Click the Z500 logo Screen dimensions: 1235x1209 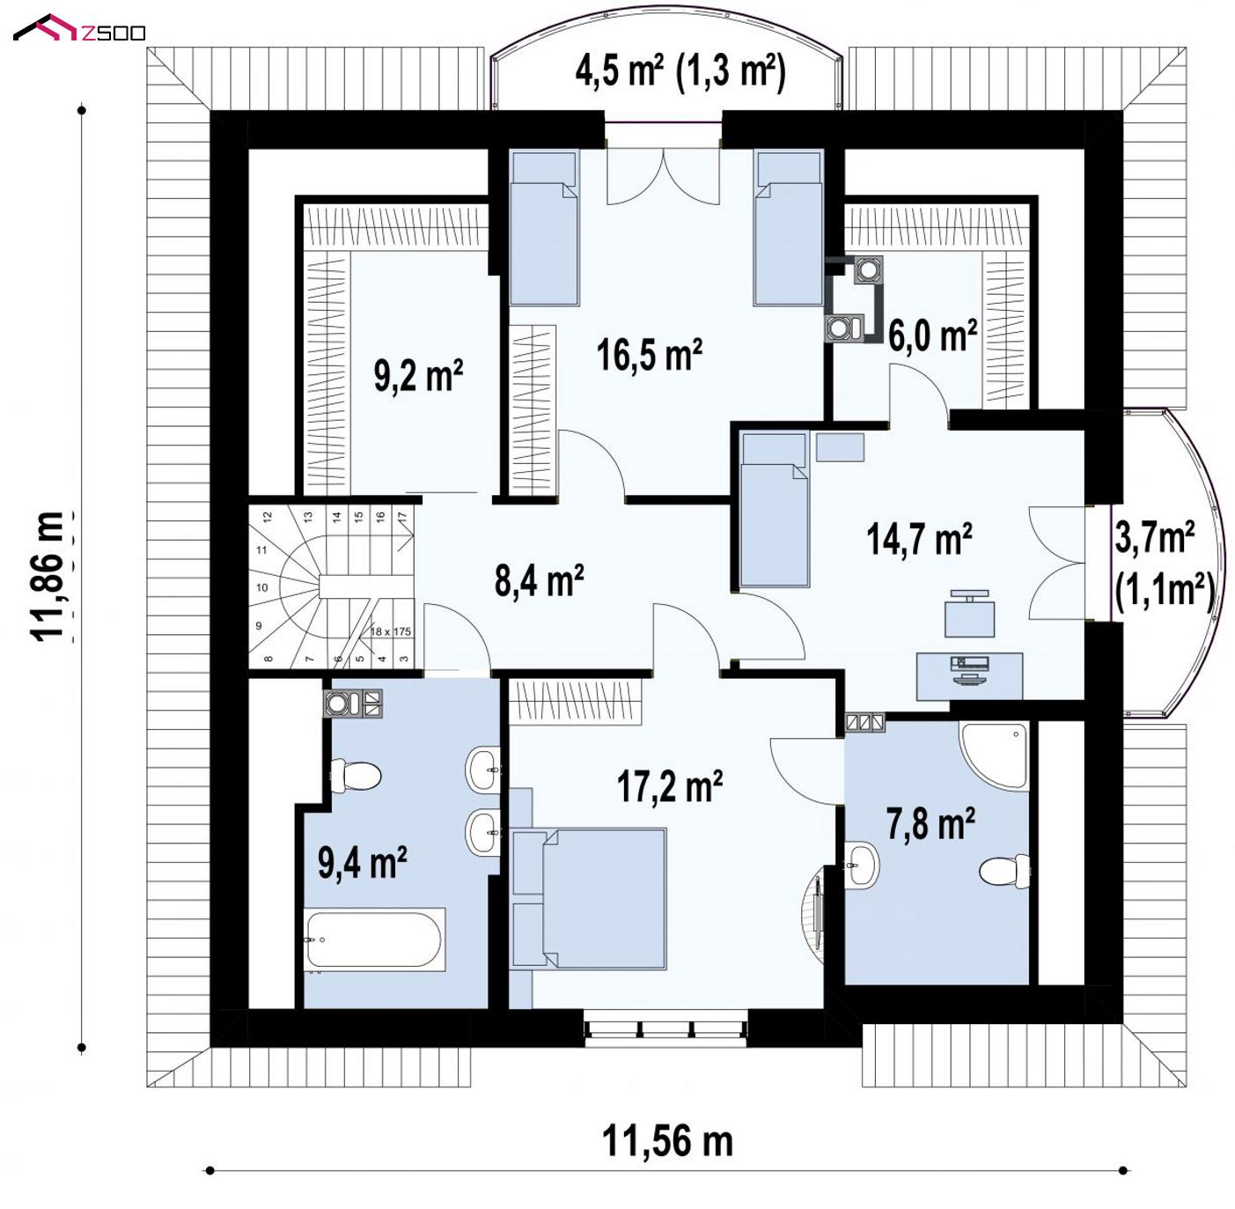coord(79,28)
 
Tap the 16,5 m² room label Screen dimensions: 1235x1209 coord(650,354)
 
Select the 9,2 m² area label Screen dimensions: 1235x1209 coord(418,376)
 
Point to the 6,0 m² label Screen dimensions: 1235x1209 coord(932,335)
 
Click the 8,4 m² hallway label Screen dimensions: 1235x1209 coord(539,579)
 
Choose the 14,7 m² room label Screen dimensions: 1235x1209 coord(919,539)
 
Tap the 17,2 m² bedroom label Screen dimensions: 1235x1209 coord(670,785)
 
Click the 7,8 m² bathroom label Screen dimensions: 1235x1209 coord(930,823)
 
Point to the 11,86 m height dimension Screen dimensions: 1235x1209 coord(48,576)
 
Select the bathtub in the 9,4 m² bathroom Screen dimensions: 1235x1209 coord(374,940)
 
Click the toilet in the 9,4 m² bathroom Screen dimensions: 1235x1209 coord(356,775)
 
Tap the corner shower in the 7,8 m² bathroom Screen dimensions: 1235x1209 coord(995,755)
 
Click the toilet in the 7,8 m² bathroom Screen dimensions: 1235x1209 coord(1004,871)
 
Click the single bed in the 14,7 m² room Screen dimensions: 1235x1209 coord(775,509)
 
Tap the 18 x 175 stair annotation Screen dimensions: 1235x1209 coord(391,631)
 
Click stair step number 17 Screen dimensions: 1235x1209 coord(401,517)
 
